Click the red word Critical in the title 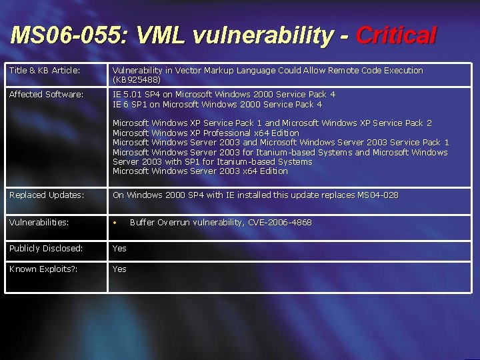click(396, 35)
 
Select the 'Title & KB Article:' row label click(45, 71)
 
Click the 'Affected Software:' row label click(47, 95)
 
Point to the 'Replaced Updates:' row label click(47, 195)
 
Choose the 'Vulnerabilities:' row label click(39, 223)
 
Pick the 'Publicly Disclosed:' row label click(46, 249)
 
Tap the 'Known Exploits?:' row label click(43, 269)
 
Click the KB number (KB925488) click(137, 80)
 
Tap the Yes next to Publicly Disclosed click(119, 249)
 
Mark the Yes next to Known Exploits click(119, 269)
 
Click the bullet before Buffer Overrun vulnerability click(115, 223)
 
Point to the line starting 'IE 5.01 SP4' click(224, 95)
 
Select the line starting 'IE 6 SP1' click(217, 105)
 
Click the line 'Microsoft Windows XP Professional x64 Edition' click(206, 133)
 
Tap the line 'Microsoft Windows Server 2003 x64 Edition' click(200, 171)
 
